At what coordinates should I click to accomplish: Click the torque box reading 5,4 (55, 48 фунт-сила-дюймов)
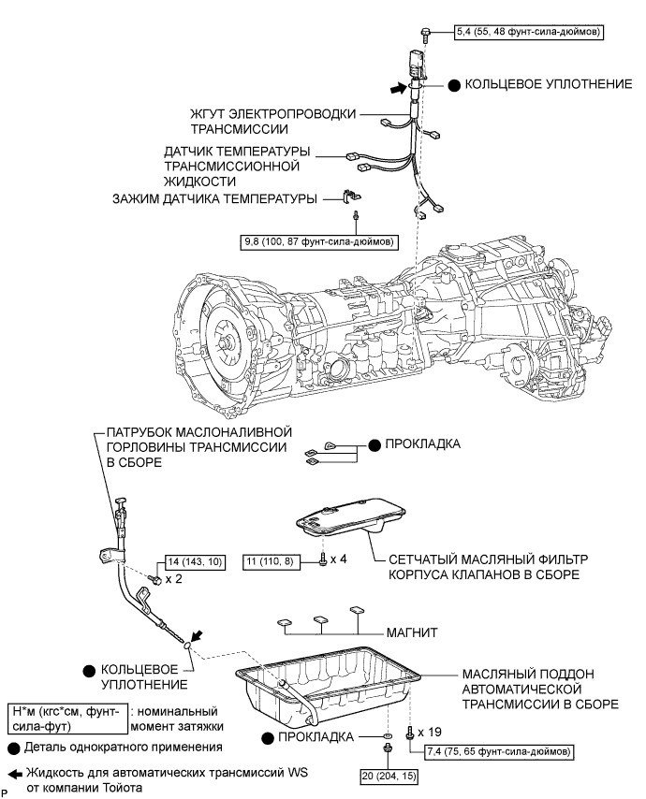pyautogui.click(x=529, y=32)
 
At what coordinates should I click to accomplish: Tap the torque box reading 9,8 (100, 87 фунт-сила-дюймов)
pyautogui.click(x=318, y=241)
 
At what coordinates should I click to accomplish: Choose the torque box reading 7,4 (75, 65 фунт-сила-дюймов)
pyautogui.click(x=499, y=751)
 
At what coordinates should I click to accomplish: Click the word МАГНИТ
pyautogui.click(x=412, y=632)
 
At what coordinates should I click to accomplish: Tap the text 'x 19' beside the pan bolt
pyautogui.click(x=430, y=732)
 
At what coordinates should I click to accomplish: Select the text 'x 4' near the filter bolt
pyautogui.click(x=339, y=559)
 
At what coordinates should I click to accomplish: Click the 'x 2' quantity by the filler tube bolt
pyautogui.click(x=173, y=579)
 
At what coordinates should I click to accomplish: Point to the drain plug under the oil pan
pyautogui.click(x=388, y=748)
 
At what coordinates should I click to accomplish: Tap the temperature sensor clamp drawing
pyautogui.click(x=351, y=196)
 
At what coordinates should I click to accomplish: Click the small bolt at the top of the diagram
pyautogui.click(x=425, y=33)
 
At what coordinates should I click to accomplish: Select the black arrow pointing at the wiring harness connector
pyautogui.click(x=399, y=88)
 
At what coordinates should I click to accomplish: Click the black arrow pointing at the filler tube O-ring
pyautogui.click(x=198, y=635)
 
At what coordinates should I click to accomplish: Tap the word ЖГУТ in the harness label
pyautogui.click(x=208, y=113)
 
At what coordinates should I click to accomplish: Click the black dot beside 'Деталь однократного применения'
pyautogui.click(x=15, y=748)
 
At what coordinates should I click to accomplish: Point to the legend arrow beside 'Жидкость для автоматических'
pyautogui.click(x=15, y=774)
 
